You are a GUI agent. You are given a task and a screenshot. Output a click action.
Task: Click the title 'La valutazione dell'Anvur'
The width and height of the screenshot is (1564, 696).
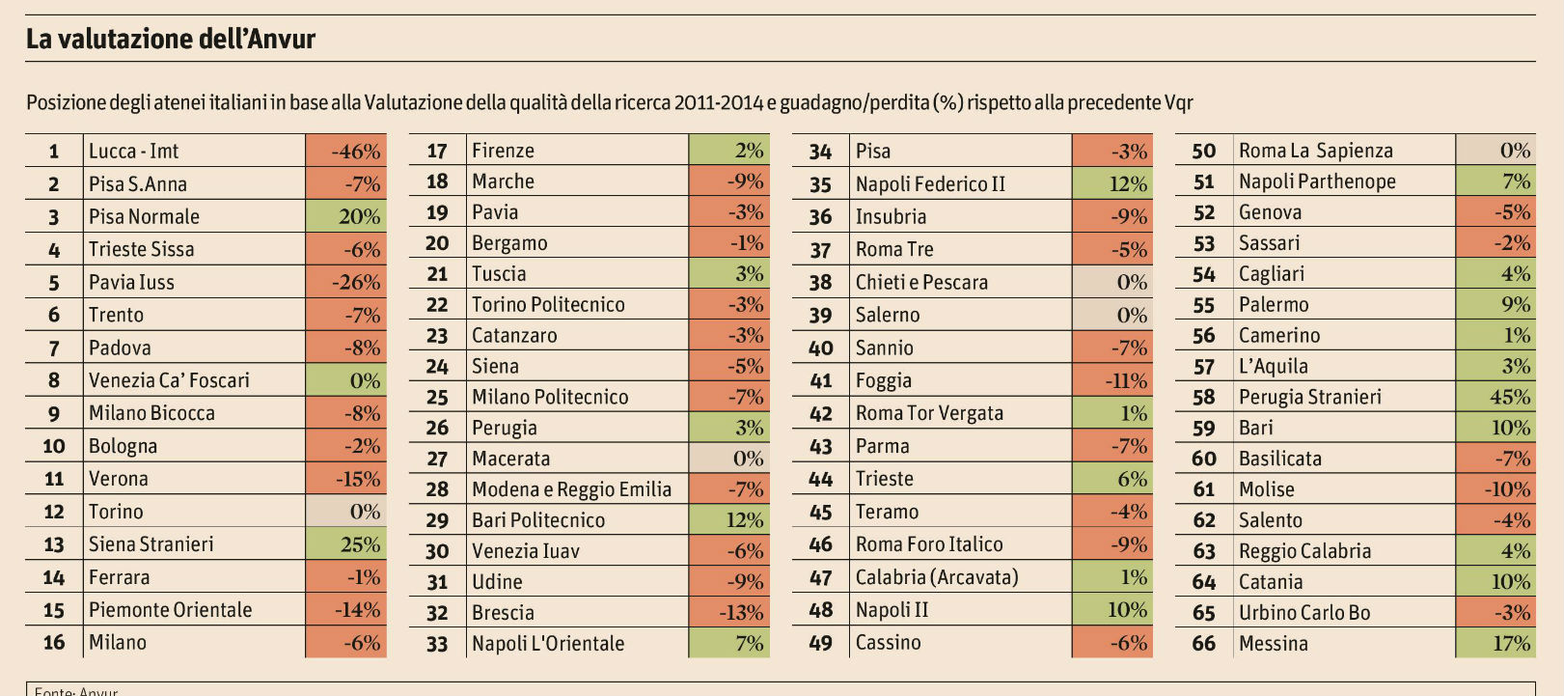tap(171, 40)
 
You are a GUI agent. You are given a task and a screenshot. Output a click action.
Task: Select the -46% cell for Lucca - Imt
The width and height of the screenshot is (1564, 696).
tap(346, 152)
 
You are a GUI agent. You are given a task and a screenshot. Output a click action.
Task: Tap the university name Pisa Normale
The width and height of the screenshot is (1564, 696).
tap(144, 217)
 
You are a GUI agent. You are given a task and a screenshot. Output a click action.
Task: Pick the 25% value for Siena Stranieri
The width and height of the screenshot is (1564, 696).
tap(346, 544)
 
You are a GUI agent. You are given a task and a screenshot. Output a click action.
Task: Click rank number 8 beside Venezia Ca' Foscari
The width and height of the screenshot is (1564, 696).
tap(54, 380)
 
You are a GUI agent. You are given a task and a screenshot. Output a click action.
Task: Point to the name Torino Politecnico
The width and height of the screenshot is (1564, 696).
tap(548, 305)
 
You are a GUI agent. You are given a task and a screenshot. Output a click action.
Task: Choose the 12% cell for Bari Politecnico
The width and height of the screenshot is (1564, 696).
tap(729, 520)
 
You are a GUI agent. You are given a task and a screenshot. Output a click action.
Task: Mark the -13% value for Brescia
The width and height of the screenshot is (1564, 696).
tap(729, 613)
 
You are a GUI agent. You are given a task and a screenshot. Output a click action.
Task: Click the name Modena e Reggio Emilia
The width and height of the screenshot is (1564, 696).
tap(571, 489)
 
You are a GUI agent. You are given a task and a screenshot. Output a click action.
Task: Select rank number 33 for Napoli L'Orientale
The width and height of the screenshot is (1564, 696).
tap(437, 644)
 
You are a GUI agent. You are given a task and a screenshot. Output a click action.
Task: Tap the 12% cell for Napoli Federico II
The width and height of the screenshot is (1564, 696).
tap(1112, 184)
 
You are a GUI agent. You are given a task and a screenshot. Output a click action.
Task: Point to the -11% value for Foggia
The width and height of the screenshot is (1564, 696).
tap(1112, 381)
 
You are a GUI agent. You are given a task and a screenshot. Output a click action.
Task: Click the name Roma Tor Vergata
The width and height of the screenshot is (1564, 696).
tap(929, 414)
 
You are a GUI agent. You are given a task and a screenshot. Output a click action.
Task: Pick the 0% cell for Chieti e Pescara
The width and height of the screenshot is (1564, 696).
tap(1112, 283)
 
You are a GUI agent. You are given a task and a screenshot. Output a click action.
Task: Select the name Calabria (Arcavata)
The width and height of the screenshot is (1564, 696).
tap(936, 577)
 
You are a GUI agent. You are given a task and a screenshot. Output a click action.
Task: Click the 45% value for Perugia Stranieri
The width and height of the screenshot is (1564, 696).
tap(1495, 397)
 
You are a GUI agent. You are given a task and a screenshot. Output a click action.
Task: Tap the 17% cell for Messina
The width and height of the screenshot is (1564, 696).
tap(1495, 644)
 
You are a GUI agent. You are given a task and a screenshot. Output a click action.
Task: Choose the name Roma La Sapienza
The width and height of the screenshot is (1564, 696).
tap(1315, 151)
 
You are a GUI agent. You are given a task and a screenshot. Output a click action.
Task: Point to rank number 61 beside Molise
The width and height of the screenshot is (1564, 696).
tap(1203, 489)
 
